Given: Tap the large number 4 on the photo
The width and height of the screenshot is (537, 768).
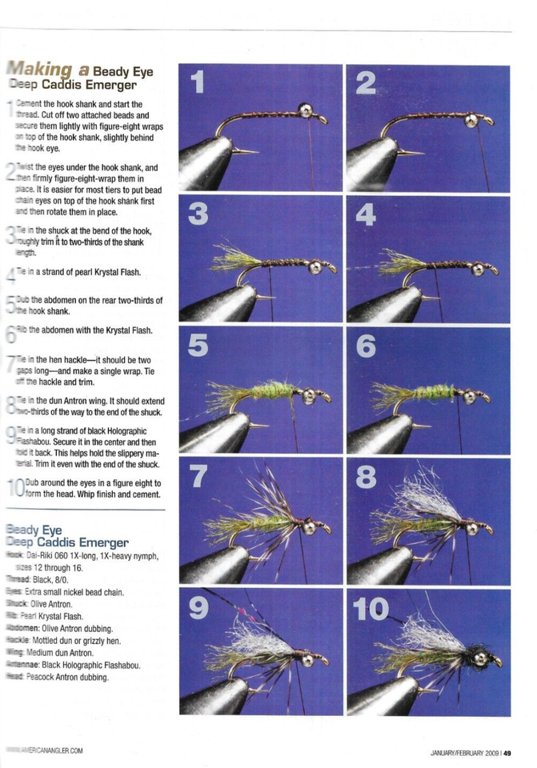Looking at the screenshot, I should [x=365, y=214].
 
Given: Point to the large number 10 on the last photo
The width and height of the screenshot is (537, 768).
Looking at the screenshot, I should [x=371, y=609].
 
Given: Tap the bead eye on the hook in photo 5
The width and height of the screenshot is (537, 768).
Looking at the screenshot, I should [x=309, y=395].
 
